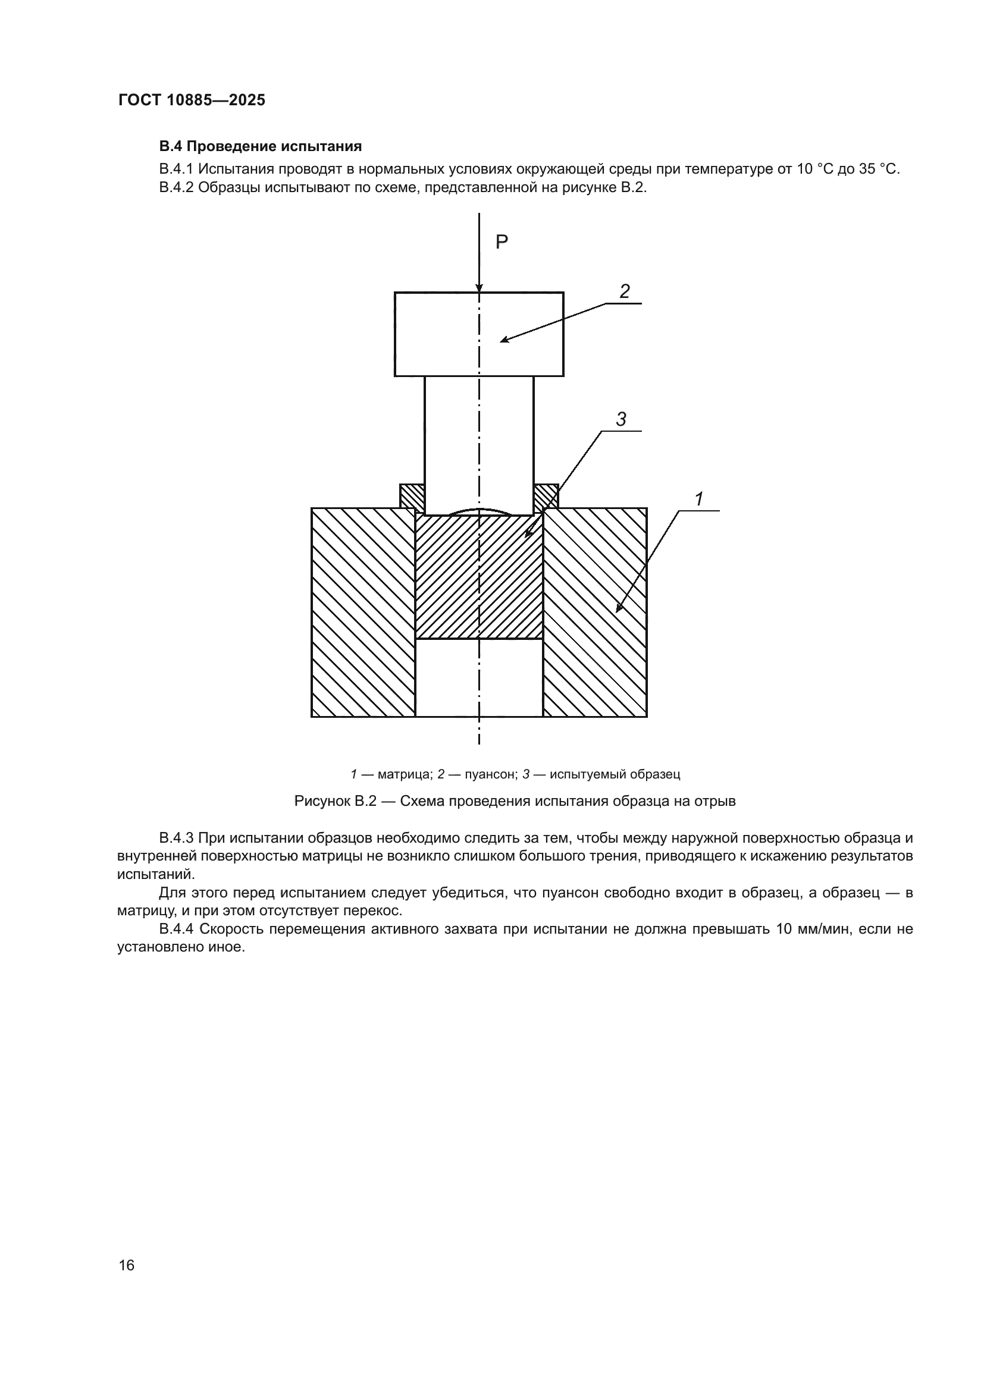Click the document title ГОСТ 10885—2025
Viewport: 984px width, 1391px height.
[192, 101]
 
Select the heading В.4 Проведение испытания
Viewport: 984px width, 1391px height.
[261, 147]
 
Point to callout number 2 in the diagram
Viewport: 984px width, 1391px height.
[624, 291]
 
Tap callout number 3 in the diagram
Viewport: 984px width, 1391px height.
[621, 419]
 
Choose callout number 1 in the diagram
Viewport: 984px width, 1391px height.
[698, 499]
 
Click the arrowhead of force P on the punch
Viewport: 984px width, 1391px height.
[480, 287]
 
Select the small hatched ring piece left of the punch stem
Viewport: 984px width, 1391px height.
[412, 497]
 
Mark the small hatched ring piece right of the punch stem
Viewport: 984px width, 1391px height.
[546, 497]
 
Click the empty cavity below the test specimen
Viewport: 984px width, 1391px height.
[479, 678]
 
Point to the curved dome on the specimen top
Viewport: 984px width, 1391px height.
[480, 512]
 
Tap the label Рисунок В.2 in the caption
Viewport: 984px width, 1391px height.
[336, 801]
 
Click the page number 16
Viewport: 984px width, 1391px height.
[127, 1265]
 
